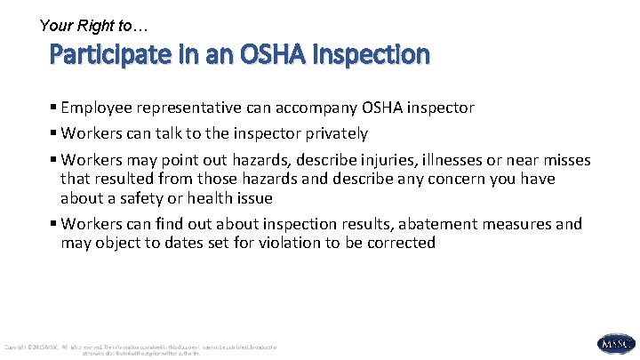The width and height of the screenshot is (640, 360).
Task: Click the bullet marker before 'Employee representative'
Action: [54, 108]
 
